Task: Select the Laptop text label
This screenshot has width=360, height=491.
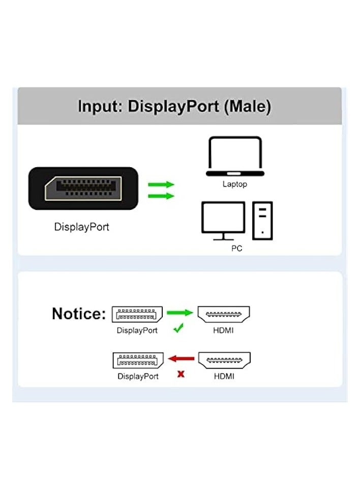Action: (234, 184)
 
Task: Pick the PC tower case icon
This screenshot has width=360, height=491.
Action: (262, 220)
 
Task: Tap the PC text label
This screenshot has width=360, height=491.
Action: (236, 249)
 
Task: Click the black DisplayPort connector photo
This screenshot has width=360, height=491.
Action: (83, 188)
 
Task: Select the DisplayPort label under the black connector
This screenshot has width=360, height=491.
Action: (82, 227)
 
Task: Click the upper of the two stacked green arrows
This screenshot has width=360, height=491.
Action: (161, 185)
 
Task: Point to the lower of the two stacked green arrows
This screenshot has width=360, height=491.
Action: (161, 196)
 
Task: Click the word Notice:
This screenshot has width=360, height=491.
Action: (79, 314)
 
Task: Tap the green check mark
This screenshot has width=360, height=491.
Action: (178, 329)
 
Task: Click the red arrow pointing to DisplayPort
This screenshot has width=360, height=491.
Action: (182, 359)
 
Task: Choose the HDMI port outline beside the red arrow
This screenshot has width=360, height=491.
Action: (224, 360)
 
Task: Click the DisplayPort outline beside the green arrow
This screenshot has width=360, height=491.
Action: (137, 314)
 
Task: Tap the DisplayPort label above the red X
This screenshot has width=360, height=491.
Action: (138, 377)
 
